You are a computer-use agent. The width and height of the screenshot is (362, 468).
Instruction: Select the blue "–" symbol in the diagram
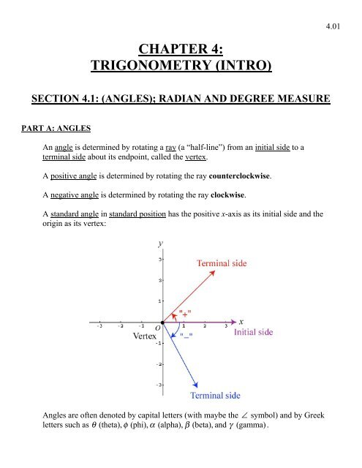tap(186, 336)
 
